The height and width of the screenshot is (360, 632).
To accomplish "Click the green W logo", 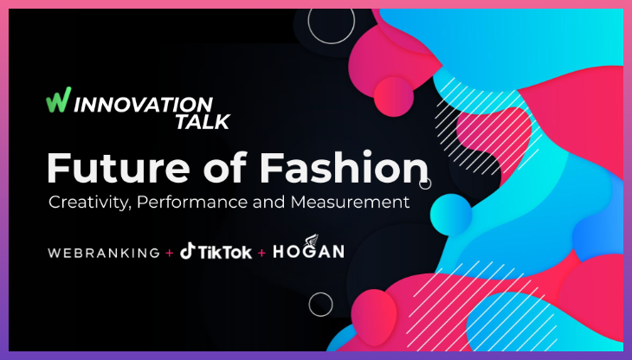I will point(56,100).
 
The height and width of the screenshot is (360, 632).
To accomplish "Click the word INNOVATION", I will point(141,102).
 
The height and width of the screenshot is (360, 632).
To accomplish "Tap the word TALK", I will point(202,121).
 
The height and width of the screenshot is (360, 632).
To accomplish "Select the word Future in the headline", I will point(111,168).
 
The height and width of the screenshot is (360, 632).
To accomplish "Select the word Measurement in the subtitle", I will point(355,203).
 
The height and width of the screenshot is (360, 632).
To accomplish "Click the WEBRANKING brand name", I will point(104,253).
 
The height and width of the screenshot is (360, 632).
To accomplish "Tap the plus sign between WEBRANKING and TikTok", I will point(169,253).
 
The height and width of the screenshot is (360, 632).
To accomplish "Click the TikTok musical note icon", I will point(187,252).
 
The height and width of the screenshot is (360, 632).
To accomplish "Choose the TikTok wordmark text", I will point(225,253).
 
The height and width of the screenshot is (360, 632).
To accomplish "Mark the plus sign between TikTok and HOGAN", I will point(262,253).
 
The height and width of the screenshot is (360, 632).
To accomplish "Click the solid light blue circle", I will point(449,213).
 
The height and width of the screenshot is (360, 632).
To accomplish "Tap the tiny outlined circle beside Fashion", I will point(425,183).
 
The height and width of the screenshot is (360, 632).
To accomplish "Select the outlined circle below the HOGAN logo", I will point(320,304).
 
